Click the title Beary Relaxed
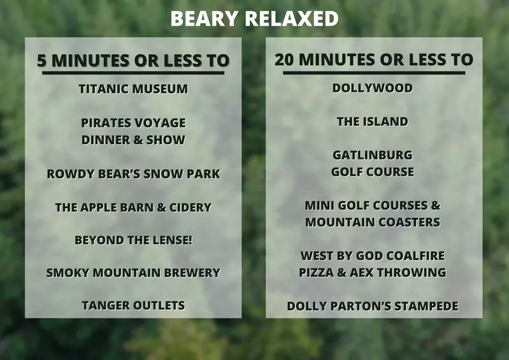coord(254,18)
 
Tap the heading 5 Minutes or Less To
coord(133,61)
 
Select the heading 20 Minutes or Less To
coord(374,60)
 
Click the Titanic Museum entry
coord(133,89)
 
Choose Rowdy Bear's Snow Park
coord(133,174)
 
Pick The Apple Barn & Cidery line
coord(133,208)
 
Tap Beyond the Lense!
coord(133,241)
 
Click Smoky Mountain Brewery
coord(133,273)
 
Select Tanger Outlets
coord(133,306)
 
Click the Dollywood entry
coord(373,89)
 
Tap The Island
coord(373,122)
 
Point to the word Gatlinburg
coord(373,155)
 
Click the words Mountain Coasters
coord(373,222)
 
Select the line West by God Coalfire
coord(373,256)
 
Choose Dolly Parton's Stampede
coord(373,306)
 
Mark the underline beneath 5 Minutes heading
coord(133,73)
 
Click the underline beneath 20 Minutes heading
coord(374,73)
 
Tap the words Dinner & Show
coord(133,140)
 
